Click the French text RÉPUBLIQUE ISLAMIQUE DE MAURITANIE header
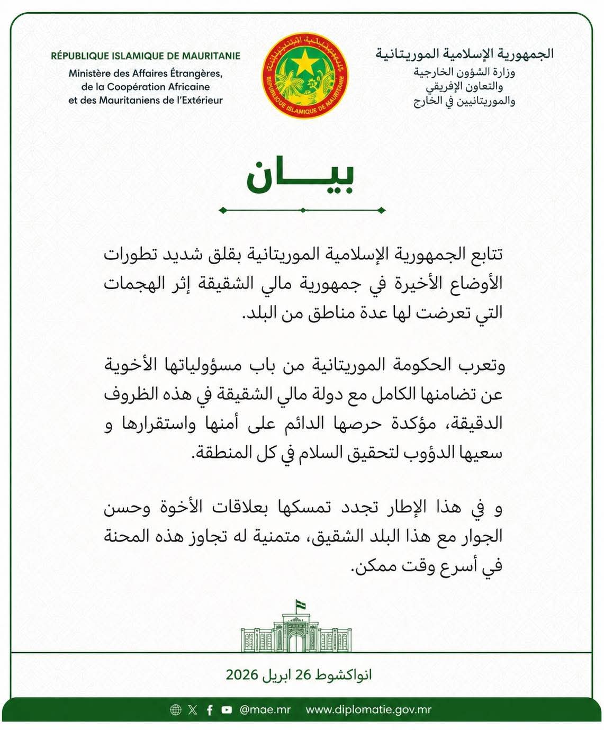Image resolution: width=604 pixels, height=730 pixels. pos(146,56)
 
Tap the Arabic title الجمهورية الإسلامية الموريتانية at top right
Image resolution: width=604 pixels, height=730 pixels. pos(464,54)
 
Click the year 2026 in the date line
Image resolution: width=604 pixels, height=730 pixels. pos(242,675)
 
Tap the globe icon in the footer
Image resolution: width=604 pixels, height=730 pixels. pos(176,710)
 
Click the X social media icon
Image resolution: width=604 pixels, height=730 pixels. pos(192,710)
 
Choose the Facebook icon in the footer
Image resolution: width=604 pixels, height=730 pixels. pos(210,710)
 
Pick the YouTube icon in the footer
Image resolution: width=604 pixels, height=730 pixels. pos(227,710)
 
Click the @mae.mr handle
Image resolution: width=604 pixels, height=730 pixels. pos(265,710)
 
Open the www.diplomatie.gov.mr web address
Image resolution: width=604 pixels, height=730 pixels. pos(368,710)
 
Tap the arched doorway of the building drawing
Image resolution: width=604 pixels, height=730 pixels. pos(296,643)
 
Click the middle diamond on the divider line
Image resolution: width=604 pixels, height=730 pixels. pos(302,210)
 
